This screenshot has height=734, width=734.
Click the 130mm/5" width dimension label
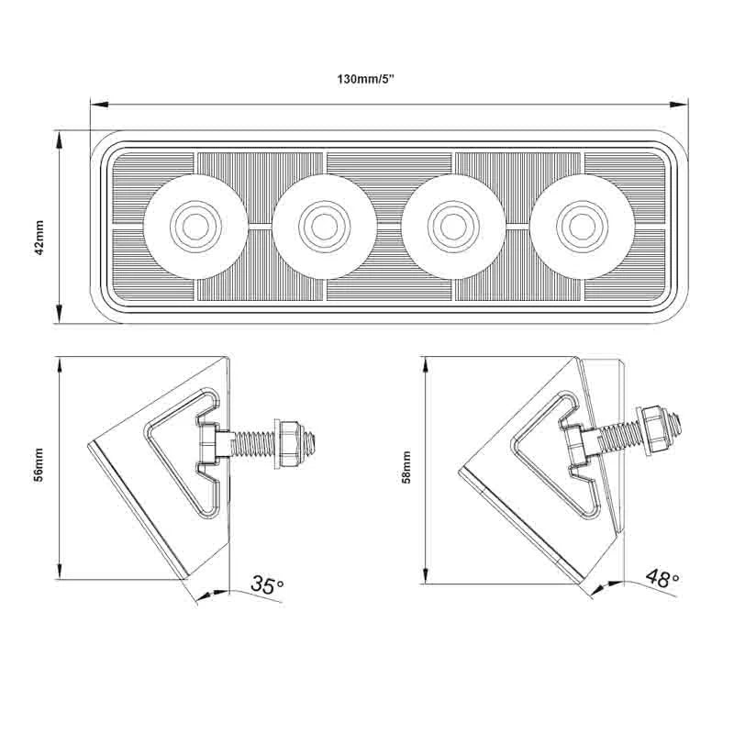(365, 78)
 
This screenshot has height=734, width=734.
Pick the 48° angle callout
(662, 577)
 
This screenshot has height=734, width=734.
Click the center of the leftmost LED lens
(195, 223)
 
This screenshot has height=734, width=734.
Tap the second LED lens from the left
(323, 223)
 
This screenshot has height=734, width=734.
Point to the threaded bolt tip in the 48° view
(676, 421)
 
